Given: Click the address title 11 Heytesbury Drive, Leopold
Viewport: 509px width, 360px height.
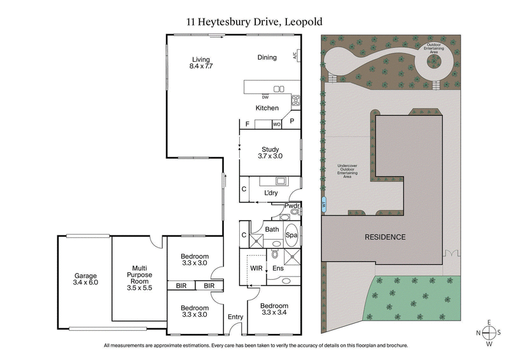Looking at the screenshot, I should point(254,21).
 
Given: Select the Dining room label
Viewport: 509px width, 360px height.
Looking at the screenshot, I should point(267,57).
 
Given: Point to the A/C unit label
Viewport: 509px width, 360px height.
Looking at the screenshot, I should point(295,56).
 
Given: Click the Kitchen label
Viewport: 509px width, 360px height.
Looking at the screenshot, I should point(267,108).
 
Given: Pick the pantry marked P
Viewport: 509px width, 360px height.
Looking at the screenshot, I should point(292,121).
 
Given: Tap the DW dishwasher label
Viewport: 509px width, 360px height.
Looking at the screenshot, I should point(248,97).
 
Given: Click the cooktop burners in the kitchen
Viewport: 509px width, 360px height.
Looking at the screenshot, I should point(295,99).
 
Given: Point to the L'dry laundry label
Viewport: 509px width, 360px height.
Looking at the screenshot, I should point(272,193).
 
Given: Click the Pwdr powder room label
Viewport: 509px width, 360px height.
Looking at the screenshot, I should point(291,205).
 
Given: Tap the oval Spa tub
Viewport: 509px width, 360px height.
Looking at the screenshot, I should point(291,234).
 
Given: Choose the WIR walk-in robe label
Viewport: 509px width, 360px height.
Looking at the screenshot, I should point(256,268).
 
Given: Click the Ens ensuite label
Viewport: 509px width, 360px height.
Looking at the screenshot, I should point(278,269).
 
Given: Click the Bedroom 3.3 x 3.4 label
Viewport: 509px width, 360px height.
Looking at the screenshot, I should point(274,309).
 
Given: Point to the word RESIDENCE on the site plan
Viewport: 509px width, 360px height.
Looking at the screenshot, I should point(384,237).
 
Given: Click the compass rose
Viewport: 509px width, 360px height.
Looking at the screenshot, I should point(489,333).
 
